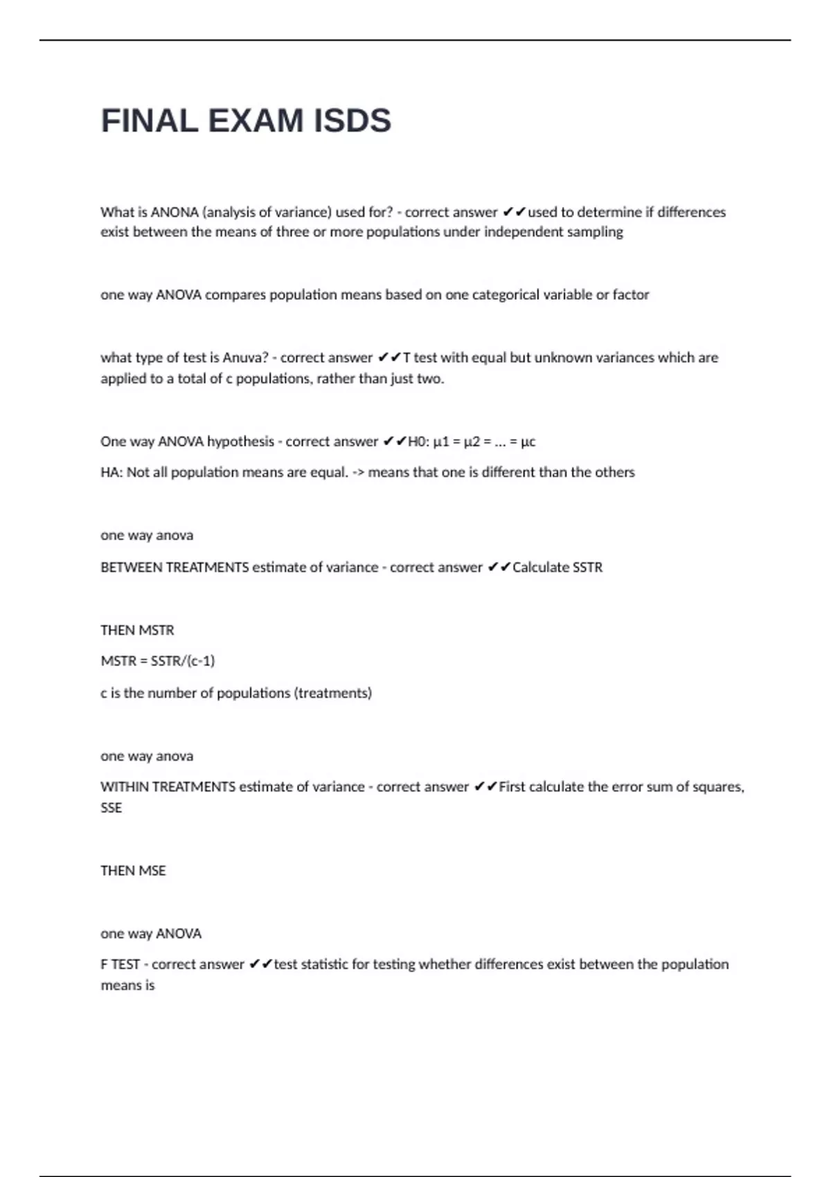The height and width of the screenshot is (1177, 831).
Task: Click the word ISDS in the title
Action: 352,120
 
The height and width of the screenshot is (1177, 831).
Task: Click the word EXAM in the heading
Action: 256,120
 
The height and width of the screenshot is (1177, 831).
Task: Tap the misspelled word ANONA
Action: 175,212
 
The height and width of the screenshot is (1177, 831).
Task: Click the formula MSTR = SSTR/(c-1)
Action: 158,661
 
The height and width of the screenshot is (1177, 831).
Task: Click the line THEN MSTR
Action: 137,630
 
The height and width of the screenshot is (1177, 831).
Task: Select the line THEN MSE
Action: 133,870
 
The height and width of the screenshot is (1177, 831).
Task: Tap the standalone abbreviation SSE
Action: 111,807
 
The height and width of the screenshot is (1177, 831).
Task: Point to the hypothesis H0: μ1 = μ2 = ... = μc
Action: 472,441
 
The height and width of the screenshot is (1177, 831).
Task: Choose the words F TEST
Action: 120,964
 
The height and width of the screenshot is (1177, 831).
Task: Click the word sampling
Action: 595,232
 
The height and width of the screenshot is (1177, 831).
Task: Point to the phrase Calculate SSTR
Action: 557,567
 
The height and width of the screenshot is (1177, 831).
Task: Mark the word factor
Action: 630,294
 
